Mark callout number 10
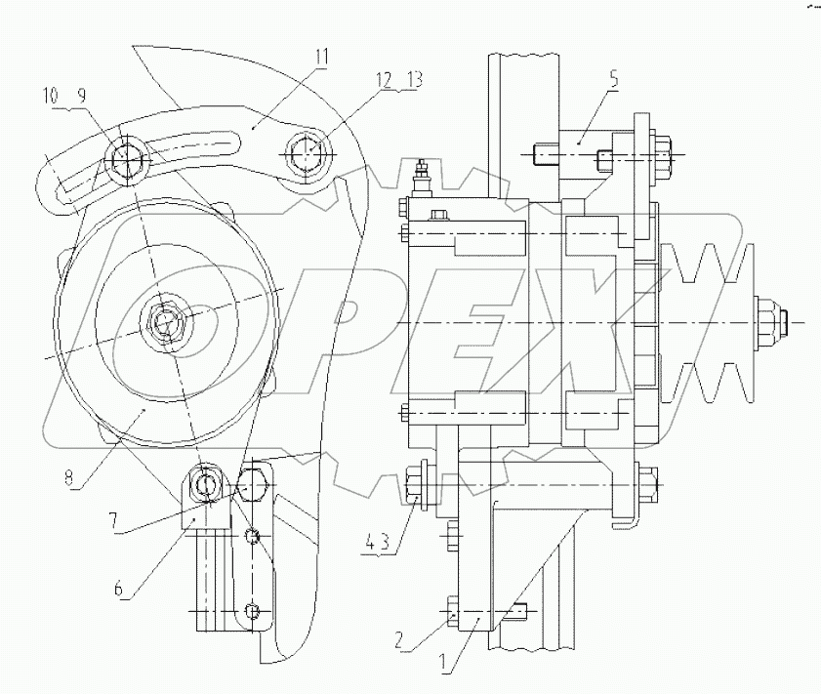pyautogui.click(x=51, y=96)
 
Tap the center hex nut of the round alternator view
pyautogui.click(x=163, y=320)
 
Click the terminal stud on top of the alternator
pyautogui.click(x=423, y=175)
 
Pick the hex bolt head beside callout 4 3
pyautogui.click(x=411, y=484)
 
